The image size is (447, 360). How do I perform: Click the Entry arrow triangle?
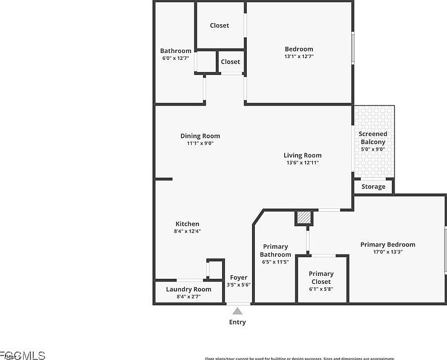[x=238, y=311]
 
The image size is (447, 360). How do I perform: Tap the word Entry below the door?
[x=237, y=322]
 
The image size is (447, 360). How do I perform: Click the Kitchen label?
[x=187, y=223]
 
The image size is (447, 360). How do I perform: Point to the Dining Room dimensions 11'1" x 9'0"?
[x=200, y=143]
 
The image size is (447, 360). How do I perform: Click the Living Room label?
[x=302, y=155]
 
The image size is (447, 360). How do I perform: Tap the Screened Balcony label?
[x=373, y=138]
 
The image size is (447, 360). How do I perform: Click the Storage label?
[x=373, y=186]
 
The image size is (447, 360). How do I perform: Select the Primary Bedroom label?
[x=388, y=244]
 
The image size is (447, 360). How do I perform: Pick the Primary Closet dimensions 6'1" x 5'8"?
[x=321, y=289]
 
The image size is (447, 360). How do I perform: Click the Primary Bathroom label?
[x=276, y=251]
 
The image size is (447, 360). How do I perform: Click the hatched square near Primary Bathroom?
[x=303, y=217]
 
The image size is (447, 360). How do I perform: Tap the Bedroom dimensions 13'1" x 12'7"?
[x=299, y=56]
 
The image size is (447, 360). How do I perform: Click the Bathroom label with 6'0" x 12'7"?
[x=175, y=51]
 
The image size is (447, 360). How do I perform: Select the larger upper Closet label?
[x=219, y=25]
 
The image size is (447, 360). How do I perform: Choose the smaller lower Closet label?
[x=230, y=62]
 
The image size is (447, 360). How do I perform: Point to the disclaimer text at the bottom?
[x=299, y=358]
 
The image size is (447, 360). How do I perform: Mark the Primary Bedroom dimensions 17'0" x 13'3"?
[x=388, y=252]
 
